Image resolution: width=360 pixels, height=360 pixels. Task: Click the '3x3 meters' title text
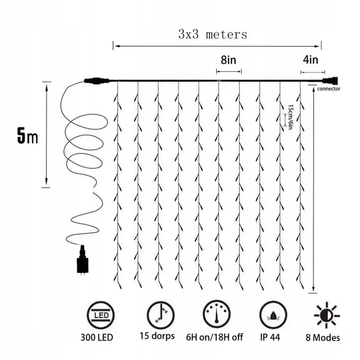click(213, 35)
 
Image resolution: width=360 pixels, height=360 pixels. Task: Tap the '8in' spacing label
click(229, 60)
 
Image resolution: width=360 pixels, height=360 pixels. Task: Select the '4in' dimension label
click(310, 60)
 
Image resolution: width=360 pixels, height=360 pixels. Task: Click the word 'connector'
click(328, 89)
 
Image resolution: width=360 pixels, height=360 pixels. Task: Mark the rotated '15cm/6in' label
click(290, 117)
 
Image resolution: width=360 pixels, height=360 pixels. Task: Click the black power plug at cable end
click(82, 260)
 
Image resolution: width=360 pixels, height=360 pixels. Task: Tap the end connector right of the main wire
click(330, 81)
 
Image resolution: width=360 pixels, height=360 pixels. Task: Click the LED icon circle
click(100, 315)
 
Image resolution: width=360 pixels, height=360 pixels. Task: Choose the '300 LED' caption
click(97, 337)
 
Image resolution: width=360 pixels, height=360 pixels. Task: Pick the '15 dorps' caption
click(157, 336)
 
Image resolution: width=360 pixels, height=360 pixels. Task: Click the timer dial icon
click(216, 314)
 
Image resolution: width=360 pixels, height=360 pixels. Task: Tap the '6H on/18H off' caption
click(215, 337)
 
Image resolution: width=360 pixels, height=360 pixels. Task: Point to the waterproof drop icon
click(273, 315)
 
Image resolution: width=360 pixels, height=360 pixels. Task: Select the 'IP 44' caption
click(270, 337)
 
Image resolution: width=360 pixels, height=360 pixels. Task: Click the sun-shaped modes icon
click(327, 315)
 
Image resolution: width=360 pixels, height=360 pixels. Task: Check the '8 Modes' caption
click(323, 338)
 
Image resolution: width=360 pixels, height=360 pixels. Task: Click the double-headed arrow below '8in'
click(229, 72)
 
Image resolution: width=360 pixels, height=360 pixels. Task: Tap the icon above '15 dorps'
click(161, 315)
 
